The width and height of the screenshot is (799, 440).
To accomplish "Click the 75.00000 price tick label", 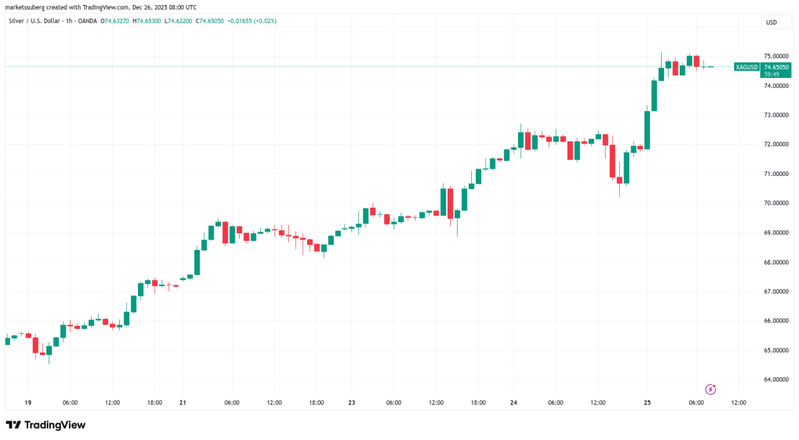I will click(x=776, y=56).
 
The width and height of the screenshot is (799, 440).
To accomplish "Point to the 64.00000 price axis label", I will click(x=776, y=379).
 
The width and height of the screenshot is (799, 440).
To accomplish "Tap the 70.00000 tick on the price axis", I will click(x=776, y=203).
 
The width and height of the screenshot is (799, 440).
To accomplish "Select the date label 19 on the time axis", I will click(x=28, y=403).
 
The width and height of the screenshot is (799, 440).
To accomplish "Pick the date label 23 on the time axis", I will click(x=351, y=403).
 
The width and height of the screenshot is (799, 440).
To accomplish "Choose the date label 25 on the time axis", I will click(x=647, y=403).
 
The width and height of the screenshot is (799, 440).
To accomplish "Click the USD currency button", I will click(x=772, y=22).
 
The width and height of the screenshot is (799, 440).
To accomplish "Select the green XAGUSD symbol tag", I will click(x=747, y=67).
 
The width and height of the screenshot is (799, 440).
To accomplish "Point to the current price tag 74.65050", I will click(x=776, y=67).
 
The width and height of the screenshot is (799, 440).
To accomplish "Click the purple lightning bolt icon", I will click(x=710, y=389).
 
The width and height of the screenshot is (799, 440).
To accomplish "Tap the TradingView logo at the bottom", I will click(x=46, y=425).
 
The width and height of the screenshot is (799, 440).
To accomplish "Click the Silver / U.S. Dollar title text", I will click(x=37, y=21).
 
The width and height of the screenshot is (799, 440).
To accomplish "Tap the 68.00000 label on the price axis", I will click(x=776, y=262).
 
